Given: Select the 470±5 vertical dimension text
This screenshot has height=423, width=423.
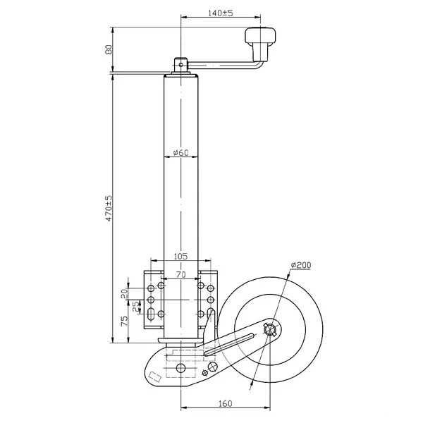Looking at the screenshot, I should tap(109, 209).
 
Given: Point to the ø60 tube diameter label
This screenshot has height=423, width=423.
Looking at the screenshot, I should tap(180, 152).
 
